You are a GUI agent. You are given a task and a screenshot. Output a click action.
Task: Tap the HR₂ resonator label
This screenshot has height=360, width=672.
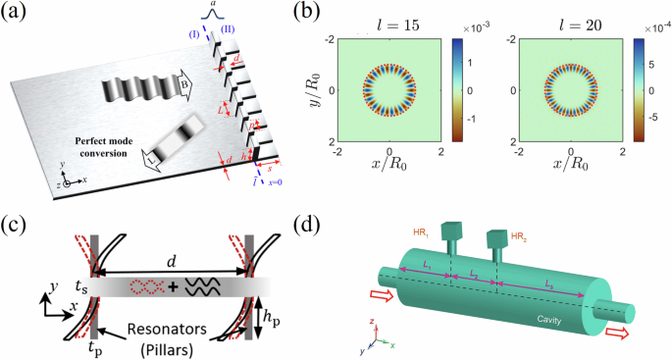click(x=524, y=235)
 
